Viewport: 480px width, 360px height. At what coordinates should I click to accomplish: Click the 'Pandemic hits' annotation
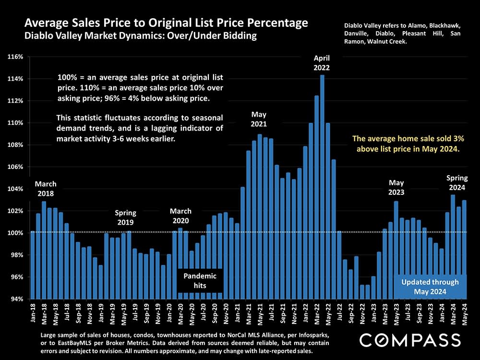tap(201, 280)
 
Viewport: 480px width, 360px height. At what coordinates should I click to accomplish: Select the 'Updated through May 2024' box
tap(430, 287)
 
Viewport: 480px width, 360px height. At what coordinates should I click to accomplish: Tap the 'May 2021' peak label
tap(259, 119)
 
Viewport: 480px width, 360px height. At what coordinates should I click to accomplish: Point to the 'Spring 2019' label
tap(125, 217)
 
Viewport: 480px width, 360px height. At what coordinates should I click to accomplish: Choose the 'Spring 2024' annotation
tap(457, 182)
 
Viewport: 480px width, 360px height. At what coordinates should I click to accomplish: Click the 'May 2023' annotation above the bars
tap(396, 187)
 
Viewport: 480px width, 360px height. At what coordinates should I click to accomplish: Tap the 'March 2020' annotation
tap(180, 216)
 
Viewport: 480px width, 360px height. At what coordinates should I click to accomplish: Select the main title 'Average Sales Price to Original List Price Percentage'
tap(166, 23)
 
